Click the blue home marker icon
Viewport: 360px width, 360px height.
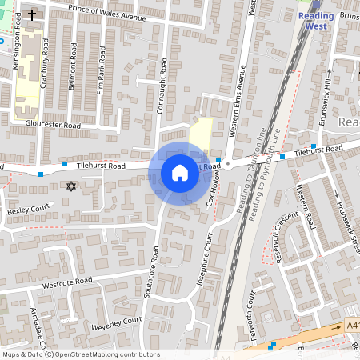pyautogui.click(x=179, y=173)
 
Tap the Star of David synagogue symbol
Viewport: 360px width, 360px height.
pyautogui.click(x=70, y=186)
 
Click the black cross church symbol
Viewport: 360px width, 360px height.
pyautogui.click(x=32, y=14)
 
